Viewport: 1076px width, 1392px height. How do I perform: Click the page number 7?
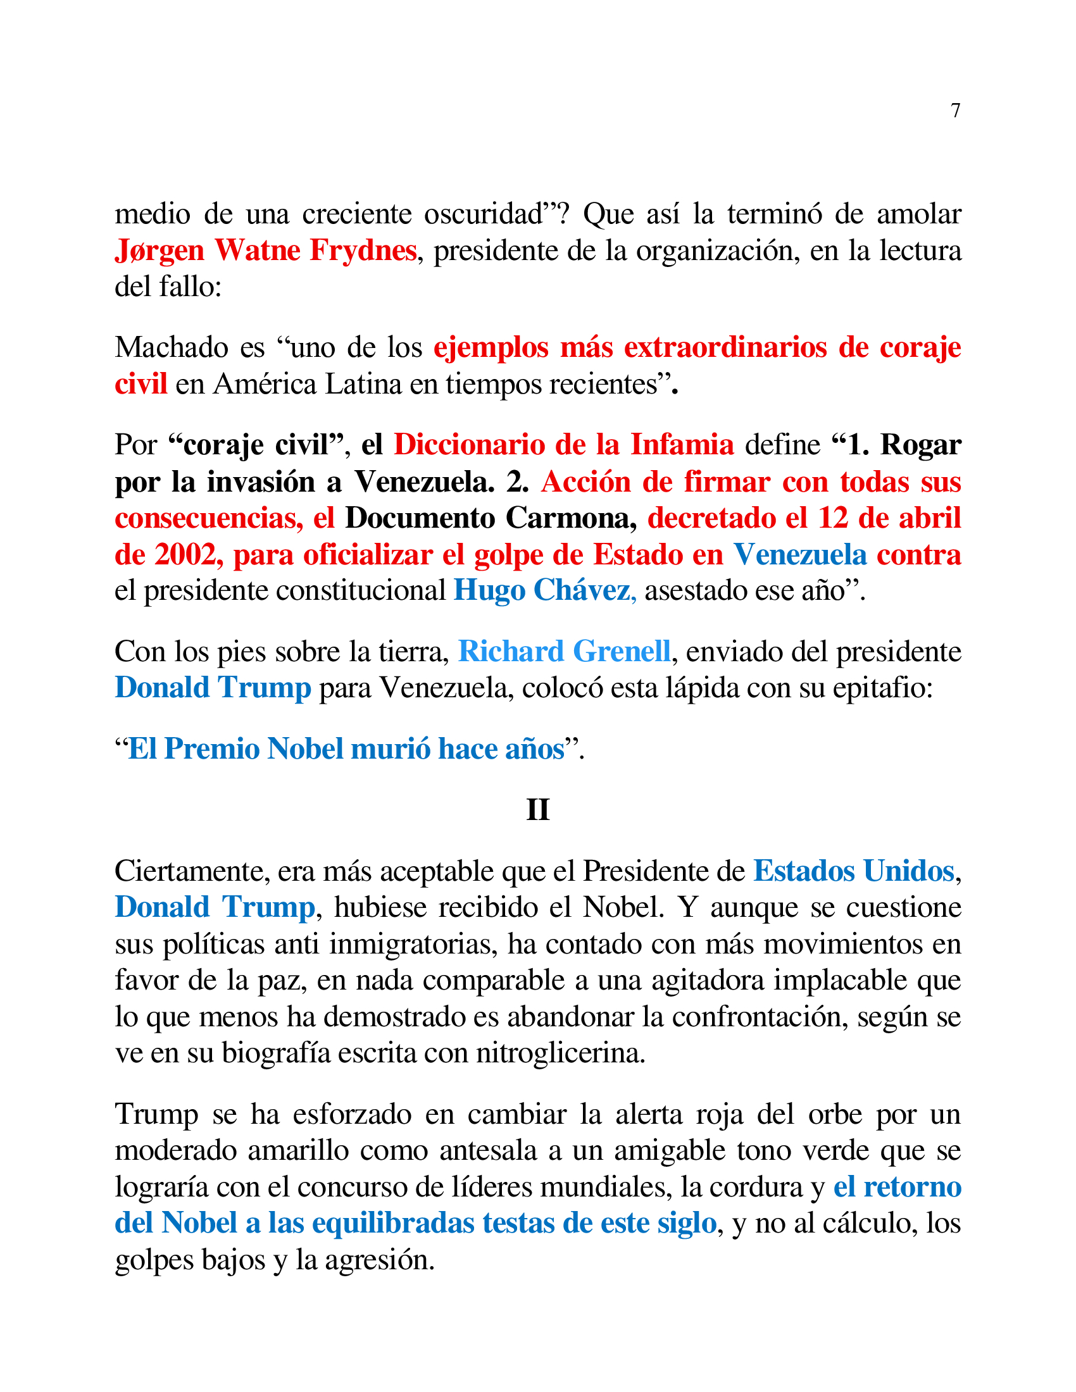tap(955, 111)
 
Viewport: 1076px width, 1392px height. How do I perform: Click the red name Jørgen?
tap(160, 250)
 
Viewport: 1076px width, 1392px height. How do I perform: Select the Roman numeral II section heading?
tap(537, 809)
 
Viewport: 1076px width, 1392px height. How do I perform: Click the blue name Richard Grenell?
tap(564, 651)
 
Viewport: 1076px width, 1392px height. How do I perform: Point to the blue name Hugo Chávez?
tap(544, 590)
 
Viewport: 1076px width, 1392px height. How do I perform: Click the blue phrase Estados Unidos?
tap(854, 871)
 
